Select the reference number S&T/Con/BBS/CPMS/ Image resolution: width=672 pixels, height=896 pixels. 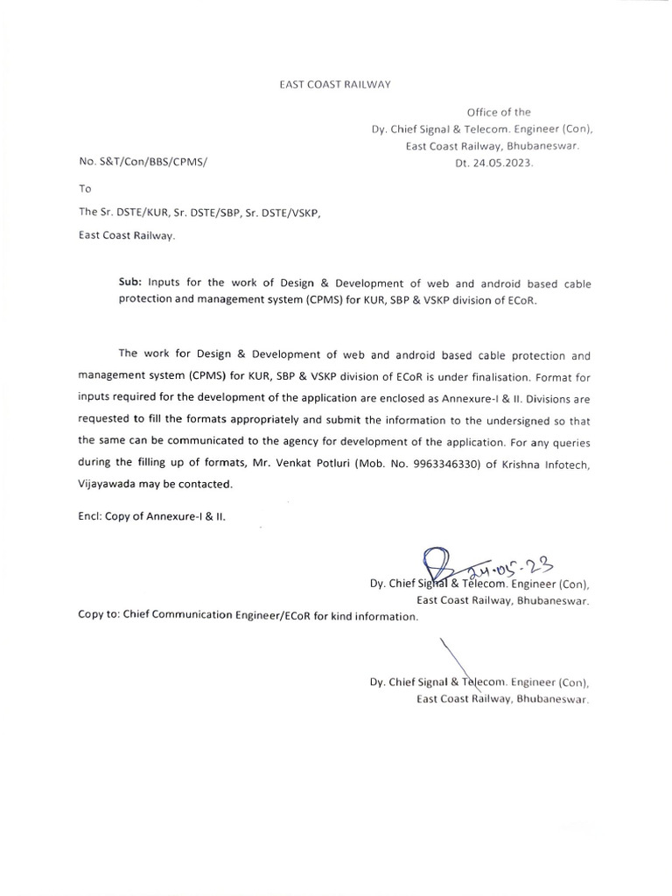tap(145, 163)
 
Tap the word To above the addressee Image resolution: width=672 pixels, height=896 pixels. tap(85, 188)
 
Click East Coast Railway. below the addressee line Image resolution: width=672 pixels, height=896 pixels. tap(128, 235)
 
